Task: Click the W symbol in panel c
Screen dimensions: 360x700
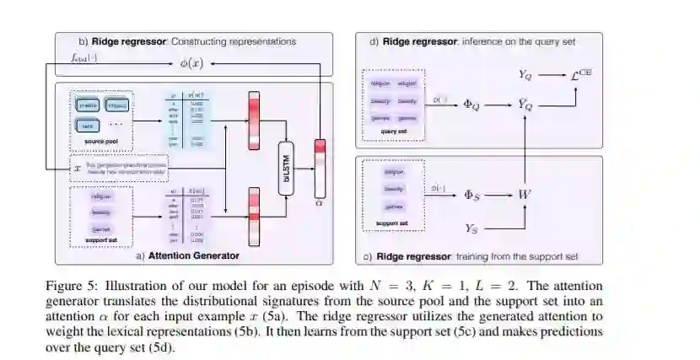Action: [525, 195]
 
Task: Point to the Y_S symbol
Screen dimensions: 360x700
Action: [473, 228]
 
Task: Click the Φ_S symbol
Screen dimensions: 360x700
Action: [473, 195]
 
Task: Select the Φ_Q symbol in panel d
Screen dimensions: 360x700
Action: [474, 105]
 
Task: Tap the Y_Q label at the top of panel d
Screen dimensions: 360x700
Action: [525, 75]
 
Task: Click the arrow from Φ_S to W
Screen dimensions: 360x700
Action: [498, 195]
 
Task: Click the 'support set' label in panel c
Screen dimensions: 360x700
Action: [390, 223]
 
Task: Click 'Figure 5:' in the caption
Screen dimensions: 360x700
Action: [70, 287]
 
